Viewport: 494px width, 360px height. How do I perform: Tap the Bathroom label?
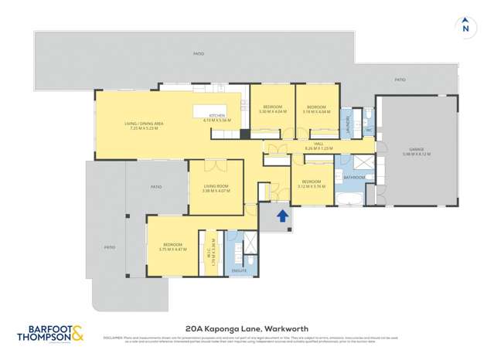click(354, 178)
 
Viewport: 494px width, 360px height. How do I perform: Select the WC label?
click(369, 130)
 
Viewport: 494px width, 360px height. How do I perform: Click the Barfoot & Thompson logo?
click(49, 334)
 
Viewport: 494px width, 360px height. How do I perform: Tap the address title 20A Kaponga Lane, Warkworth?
click(247, 327)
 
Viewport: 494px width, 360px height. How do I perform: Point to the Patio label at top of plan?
click(199, 53)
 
